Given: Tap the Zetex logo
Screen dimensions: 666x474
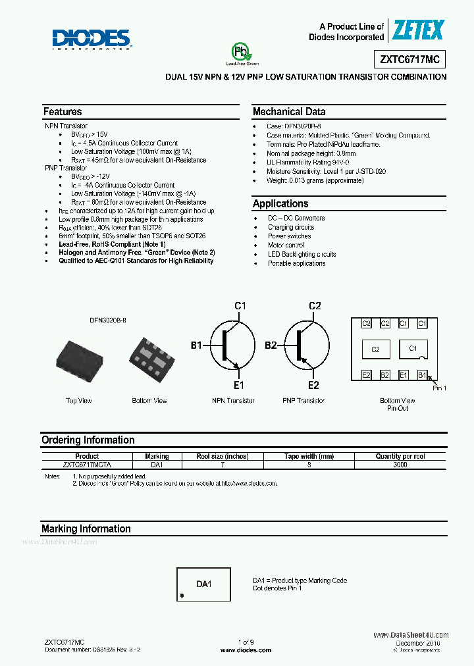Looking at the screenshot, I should point(419,30).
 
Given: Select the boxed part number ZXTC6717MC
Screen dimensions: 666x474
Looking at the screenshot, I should point(409,59).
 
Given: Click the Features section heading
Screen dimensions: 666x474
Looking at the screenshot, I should point(63,112).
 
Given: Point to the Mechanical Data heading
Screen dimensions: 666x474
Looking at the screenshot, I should point(289,112).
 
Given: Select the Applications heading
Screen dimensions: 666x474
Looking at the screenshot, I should point(280,204).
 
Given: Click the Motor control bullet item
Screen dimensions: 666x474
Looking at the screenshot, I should point(286,245).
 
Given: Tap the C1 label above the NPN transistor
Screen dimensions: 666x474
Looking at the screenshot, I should point(240,306).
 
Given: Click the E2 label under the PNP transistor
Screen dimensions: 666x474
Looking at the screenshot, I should point(313,386).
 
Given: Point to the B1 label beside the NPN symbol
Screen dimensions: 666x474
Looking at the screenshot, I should point(197,345).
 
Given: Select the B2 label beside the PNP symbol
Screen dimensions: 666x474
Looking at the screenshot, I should point(271,345).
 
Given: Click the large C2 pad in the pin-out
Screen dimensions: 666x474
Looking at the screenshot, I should point(375,349).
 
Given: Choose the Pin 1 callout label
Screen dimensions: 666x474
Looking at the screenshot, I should point(439,388).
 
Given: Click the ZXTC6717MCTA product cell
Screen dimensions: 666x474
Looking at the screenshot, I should point(87,465).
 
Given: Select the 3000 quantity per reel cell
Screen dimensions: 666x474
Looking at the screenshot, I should point(400,465).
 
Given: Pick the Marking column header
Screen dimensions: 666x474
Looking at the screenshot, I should point(157,456).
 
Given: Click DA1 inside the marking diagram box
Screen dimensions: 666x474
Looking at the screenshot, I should point(204,584).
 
